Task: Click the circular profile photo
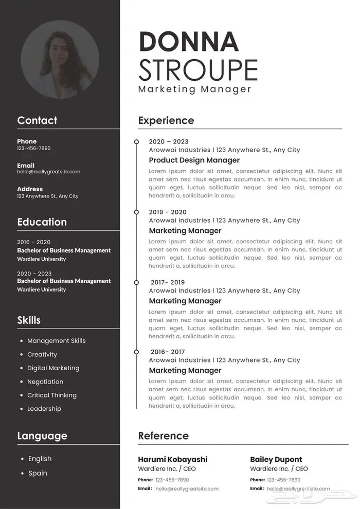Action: click(x=60, y=60)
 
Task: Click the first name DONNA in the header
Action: click(x=189, y=42)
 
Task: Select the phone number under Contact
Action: click(x=34, y=149)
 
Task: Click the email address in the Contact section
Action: click(x=49, y=172)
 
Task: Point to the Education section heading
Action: click(x=42, y=222)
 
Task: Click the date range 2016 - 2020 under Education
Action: click(x=34, y=242)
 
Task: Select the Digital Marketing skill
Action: click(x=53, y=368)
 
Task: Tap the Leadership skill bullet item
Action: click(x=44, y=409)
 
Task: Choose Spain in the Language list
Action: click(x=38, y=473)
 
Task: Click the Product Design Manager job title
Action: click(x=194, y=160)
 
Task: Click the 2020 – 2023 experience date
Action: click(x=169, y=142)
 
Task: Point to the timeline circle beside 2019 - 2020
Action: click(x=136, y=212)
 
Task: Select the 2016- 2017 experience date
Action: click(x=168, y=352)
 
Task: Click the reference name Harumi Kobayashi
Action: click(x=173, y=460)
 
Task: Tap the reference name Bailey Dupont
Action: click(x=276, y=460)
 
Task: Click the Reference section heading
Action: click(x=164, y=436)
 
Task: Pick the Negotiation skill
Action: click(x=45, y=381)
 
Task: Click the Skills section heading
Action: click(x=29, y=320)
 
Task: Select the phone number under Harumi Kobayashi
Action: click(x=172, y=480)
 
